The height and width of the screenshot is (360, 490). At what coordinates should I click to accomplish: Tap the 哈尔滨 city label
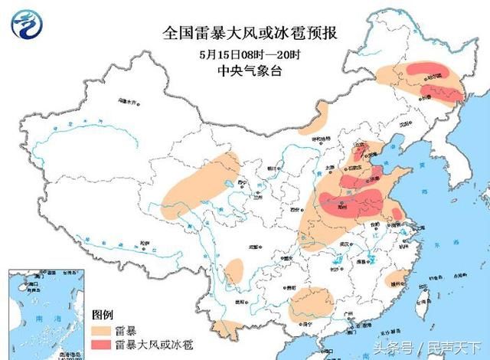[x=435, y=77]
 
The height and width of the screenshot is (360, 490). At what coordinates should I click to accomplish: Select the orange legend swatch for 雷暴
[x=103, y=330]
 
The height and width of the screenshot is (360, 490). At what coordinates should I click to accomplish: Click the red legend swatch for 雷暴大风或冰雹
[x=103, y=345]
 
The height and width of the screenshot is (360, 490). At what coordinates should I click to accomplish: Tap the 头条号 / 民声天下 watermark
[x=432, y=347]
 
